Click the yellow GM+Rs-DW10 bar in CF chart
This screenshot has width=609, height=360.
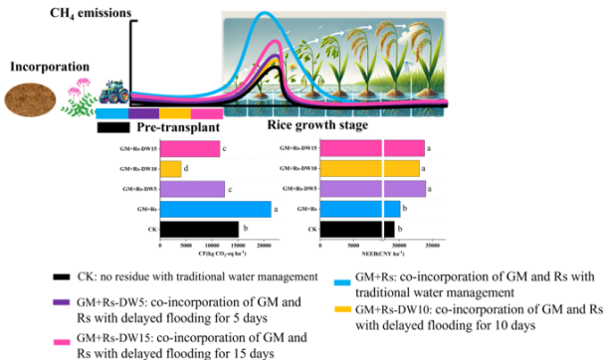tap(170, 168)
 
